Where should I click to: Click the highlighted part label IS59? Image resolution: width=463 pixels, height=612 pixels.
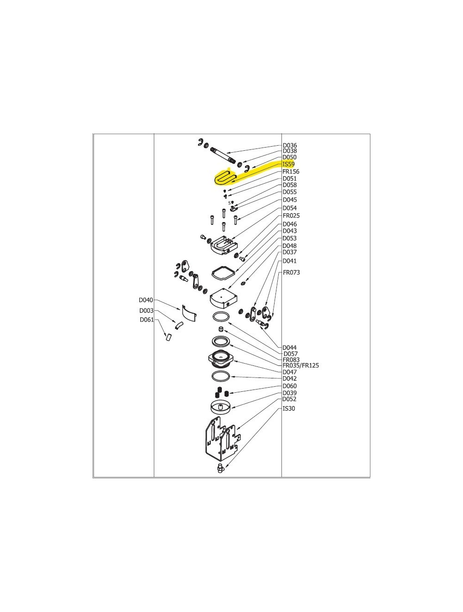pos(288,164)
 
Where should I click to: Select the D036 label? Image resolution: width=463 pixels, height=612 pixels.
pos(290,145)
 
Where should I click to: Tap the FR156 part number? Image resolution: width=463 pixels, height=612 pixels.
pos(291,172)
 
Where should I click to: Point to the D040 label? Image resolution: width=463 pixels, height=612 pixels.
pos(146,300)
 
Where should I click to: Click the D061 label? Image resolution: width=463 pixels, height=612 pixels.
pos(147,320)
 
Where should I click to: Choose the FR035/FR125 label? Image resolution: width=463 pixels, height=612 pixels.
pos(300,365)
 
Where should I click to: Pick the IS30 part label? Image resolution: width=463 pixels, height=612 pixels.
pos(288,408)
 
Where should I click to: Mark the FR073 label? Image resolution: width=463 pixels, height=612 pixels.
pos(291,272)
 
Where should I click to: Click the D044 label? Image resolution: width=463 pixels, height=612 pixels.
pos(289,347)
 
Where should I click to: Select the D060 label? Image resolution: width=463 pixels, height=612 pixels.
pos(289,386)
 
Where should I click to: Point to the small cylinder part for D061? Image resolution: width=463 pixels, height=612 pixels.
pos(169,338)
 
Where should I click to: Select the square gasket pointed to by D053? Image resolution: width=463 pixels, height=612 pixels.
pos(223,272)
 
